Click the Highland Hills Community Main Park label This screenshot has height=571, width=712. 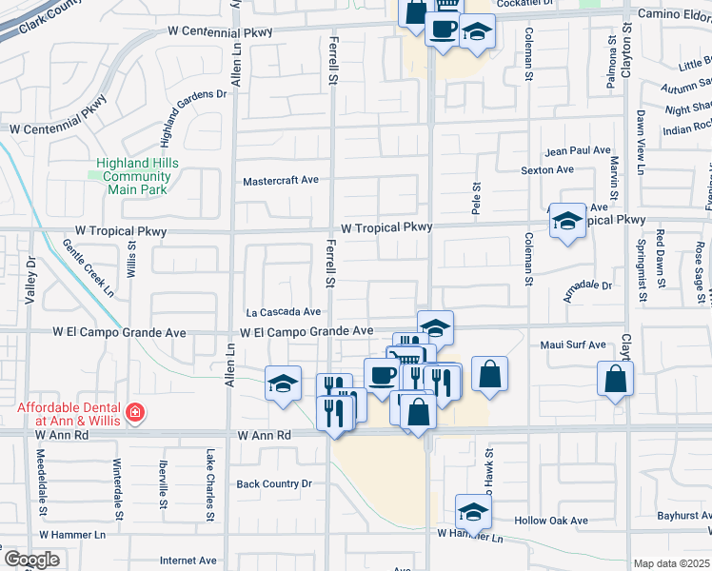131,176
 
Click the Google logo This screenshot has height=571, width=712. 30,560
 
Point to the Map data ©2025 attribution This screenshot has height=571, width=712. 671,563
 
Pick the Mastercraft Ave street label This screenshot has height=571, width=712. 281,181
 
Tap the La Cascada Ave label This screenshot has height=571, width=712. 283,311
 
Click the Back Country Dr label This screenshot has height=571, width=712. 274,483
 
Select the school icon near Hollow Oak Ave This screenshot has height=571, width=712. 473,512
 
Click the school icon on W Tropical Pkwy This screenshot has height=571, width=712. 567,223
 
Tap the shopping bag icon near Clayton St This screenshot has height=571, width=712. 616,378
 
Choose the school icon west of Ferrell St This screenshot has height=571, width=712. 283,384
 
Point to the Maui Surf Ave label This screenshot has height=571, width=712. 574,345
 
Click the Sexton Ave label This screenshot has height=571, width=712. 547,169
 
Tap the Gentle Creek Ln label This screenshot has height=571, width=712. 88,268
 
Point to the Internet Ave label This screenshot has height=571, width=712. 190,561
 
